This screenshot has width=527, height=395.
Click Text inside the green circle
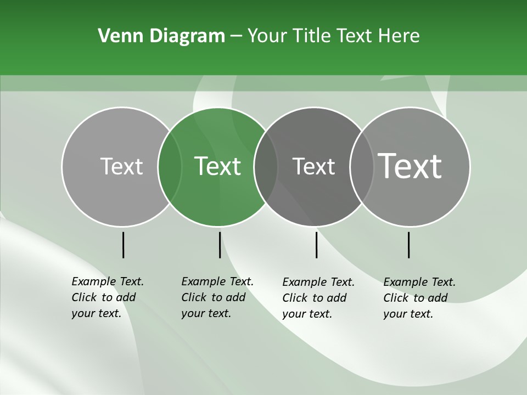click(217, 166)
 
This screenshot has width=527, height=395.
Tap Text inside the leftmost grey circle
click(121, 166)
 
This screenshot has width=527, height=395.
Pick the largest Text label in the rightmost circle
click(410, 166)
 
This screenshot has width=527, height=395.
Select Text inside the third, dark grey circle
click(313, 166)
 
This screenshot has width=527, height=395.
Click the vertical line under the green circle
click(220, 245)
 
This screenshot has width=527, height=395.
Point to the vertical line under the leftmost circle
click(123, 245)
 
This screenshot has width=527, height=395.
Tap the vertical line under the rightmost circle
click(408, 245)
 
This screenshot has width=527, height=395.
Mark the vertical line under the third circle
click(316, 245)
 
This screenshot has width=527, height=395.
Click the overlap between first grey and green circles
click(170, 167)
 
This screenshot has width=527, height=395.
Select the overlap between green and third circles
click(266, 167)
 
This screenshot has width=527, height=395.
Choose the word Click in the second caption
click(194, 297)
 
